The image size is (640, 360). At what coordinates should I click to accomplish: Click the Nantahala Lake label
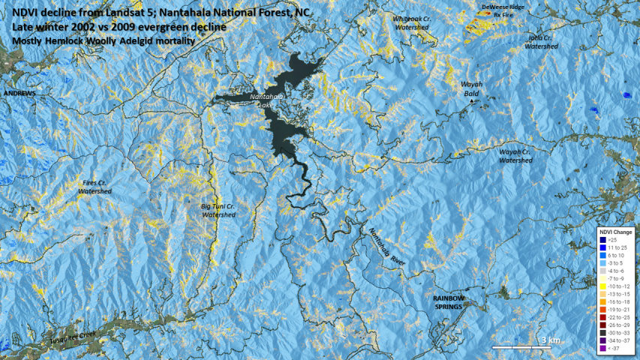(268, 101)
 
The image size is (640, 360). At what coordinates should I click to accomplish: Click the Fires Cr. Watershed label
(95, 187)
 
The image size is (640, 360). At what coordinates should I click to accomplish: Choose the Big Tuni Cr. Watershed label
(218, 210)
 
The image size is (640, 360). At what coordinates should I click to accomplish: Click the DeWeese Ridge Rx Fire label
(498, 10)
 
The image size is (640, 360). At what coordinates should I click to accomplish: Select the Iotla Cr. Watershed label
(541, 41)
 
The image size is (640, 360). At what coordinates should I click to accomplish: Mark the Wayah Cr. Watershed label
(515, 155)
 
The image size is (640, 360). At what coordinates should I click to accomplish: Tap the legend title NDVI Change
(615, 232)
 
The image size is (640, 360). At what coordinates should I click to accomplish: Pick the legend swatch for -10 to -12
(602, 286)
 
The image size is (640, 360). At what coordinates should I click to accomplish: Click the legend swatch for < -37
(602, 348)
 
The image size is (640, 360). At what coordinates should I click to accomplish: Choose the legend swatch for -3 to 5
(602, 263)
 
